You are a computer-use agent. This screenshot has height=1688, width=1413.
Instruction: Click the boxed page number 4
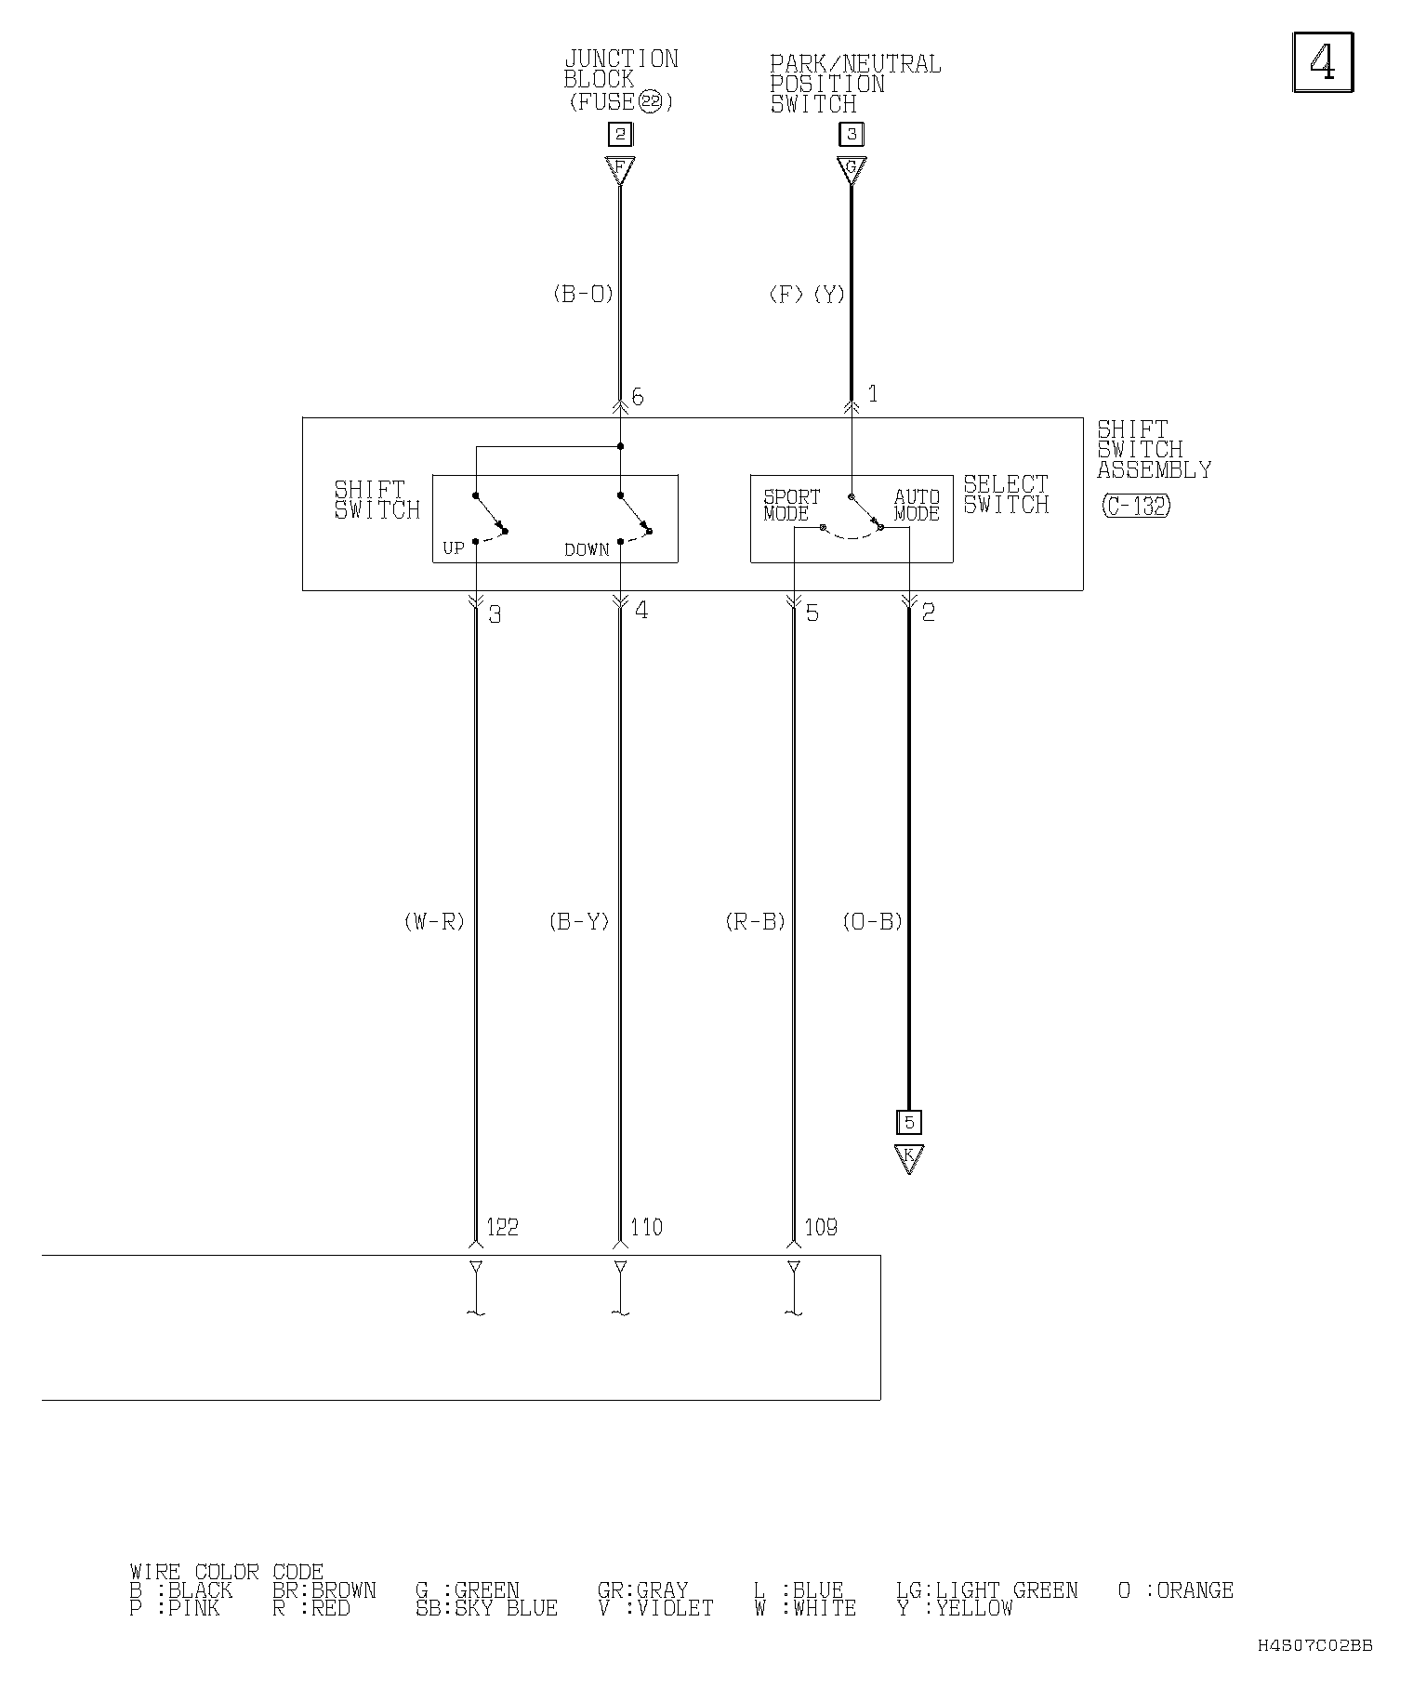click(1323, 62)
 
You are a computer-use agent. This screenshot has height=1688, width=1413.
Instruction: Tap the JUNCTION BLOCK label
click(621, 70)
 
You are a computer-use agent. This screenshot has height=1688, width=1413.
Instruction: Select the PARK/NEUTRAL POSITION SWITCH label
click(855, 85)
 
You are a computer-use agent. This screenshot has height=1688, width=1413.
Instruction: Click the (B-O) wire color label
click(583, 295)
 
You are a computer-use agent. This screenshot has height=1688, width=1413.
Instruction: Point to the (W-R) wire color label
click(434, 922)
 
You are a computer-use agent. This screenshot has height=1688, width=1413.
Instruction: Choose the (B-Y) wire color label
click(579, 922)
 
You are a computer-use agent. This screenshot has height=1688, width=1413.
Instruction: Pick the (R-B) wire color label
click(755, 922)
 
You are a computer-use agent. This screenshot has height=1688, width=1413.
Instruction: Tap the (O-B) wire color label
click(873, 922)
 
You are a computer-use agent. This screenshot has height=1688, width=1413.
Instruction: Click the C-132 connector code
click(1136, 506)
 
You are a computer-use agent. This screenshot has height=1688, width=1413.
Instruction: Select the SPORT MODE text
click(792, 505)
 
